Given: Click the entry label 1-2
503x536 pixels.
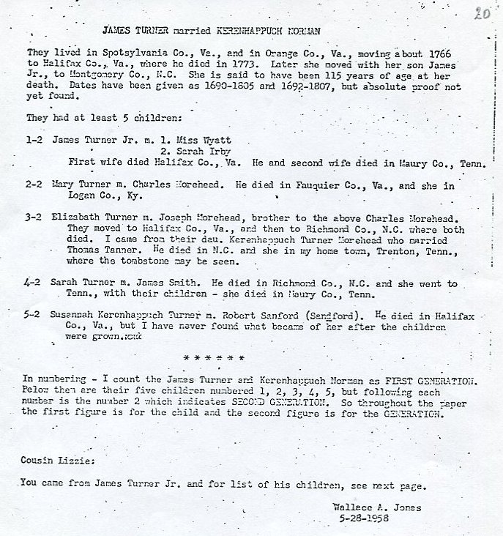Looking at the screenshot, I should tap(34, 138).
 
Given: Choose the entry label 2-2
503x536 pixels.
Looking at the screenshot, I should tap(34, 185).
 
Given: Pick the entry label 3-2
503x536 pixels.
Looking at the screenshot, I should tap(34, 217).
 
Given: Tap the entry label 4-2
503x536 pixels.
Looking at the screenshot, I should tap(34, 282).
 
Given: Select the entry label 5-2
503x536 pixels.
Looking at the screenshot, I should tap(34, 315).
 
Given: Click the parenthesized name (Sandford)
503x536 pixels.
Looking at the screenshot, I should tap(329, 315).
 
